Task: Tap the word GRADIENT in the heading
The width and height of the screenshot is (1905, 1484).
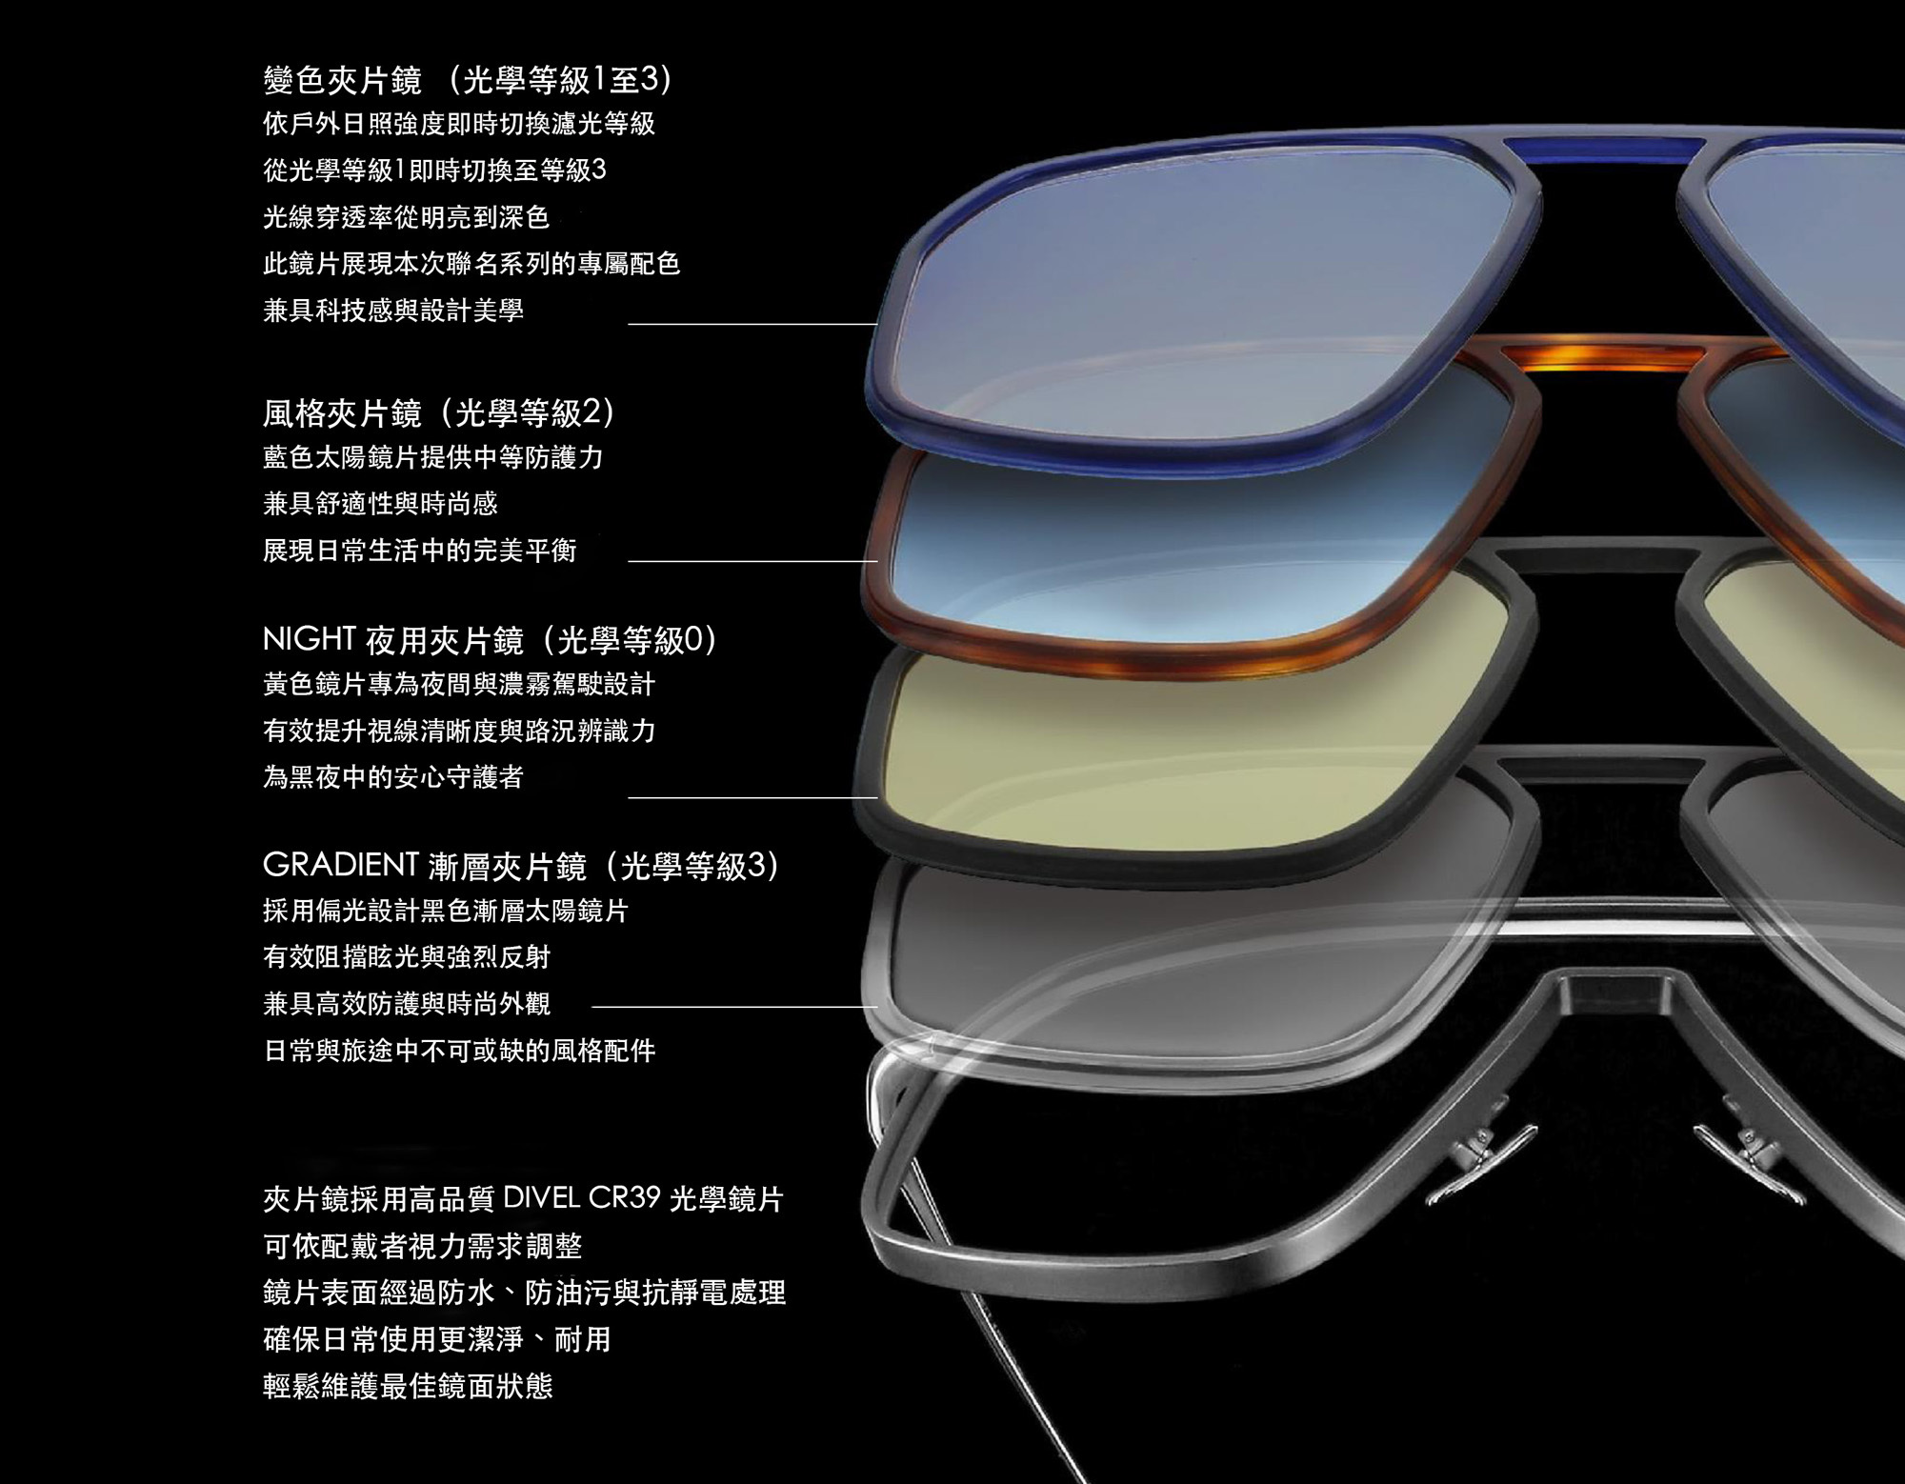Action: tap(340, 865)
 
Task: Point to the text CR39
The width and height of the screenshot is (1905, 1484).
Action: tap(624, 1197)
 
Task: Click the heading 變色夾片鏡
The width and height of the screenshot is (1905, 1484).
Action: tap(342, 81)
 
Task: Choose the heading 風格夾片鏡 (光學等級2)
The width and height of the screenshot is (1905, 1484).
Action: tap(440, 412)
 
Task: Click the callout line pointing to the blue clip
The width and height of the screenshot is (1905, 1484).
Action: tap(752, 324)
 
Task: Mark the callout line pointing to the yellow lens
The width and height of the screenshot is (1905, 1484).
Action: tap(752, 797)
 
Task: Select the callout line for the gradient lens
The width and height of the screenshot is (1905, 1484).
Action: tap(734, 1006)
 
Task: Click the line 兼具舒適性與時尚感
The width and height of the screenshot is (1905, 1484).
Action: tap(380, 504)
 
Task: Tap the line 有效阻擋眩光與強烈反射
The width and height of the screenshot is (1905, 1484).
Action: tap(407, 957)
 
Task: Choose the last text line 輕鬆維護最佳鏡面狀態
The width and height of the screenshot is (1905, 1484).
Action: tap(408, 1386)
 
